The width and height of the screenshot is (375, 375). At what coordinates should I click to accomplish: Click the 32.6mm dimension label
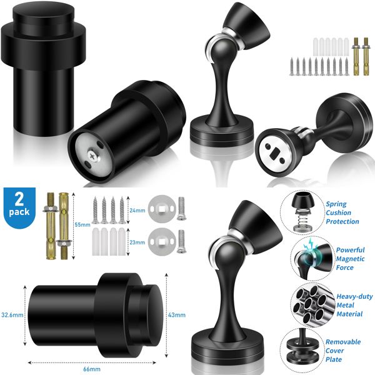click(12, 315)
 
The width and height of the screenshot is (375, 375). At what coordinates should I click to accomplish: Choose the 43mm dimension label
click(177, 315)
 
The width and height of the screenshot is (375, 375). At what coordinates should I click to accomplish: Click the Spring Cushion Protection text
click(342, 212)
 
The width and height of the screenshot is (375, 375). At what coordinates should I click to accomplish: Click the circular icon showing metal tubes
click(306, 305)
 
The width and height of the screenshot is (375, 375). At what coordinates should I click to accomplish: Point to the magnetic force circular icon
click(306, 258)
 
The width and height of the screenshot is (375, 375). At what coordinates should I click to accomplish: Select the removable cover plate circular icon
click(306, 351)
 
